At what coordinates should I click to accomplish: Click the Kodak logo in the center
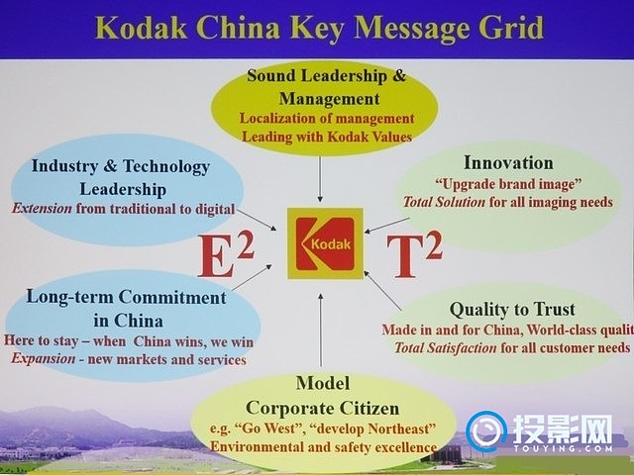(325, 243)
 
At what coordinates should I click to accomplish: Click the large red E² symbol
(226, 255)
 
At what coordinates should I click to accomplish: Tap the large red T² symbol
(414, 255)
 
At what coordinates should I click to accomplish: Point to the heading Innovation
(508, 162)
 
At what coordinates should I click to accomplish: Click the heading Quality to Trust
(512, 310)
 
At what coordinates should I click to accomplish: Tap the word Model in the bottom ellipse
(323, 383)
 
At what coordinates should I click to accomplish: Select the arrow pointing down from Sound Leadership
(320, 179)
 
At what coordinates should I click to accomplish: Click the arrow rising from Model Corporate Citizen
(321, 330)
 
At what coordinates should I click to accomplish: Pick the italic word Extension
(42, 209)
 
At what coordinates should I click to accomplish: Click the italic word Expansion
(43, 358)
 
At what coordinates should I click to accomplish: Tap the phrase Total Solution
(444, 202)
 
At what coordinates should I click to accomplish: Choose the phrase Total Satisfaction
(445, 347)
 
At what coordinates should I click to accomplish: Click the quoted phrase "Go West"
(266, 428)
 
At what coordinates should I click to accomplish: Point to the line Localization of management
(327, 119)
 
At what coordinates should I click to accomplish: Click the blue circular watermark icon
(486, 431)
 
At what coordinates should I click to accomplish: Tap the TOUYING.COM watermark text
(563, 448)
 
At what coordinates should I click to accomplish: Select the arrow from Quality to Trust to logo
(382, 290)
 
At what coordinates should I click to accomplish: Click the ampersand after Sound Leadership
(398, 75)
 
